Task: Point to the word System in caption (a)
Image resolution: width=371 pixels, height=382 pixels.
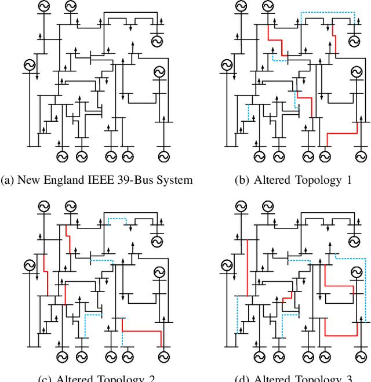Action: (x=174, y=180)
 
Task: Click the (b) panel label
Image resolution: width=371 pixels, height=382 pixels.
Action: (x=242, y=180)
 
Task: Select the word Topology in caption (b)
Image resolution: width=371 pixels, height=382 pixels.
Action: (x=316, y=180)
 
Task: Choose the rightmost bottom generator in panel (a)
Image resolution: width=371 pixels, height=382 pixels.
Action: (x=163, y=156)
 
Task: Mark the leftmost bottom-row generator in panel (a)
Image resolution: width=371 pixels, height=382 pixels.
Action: (x=61, y=156)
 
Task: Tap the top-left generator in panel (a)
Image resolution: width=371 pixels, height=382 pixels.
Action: (x=43, y=7)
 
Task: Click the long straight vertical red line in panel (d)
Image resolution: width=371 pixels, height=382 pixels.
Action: (x=248, y=267)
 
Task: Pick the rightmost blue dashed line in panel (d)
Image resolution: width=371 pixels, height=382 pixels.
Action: (x=366, y=290)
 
